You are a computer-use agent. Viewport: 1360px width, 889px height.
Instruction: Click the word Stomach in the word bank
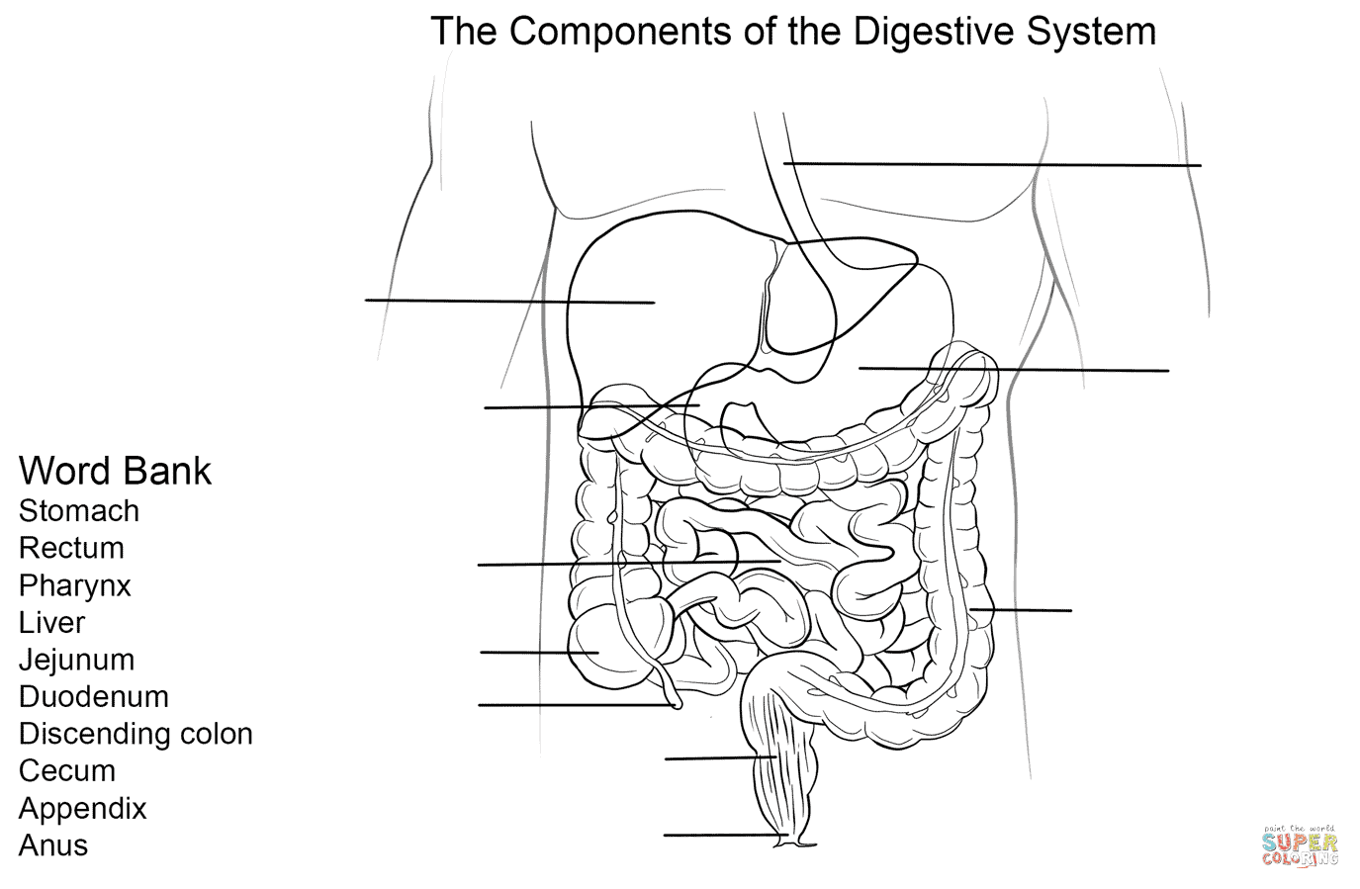click(79, 511)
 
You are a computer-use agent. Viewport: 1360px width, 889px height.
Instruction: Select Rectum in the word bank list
click(71, 548)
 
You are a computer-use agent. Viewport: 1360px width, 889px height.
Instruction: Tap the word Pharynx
click(75, 586)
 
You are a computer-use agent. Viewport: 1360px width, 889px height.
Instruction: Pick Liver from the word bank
click(51, 623)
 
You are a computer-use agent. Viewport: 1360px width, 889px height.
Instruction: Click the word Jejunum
click(76, 661)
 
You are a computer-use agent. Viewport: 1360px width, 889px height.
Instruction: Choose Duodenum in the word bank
click(94, 696)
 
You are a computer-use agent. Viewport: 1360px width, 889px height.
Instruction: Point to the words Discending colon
click(136, 734)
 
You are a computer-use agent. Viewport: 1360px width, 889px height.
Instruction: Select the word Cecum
click(67, 771)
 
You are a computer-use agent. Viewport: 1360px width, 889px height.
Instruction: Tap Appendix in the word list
click(82, 809)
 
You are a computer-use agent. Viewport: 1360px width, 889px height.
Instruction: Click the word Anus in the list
click(53, 845)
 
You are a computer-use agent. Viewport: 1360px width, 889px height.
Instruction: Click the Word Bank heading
click(116, 471)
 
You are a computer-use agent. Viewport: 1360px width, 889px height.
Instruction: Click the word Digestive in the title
click(933, 32)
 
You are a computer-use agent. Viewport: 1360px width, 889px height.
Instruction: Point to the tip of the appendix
click(677, 704)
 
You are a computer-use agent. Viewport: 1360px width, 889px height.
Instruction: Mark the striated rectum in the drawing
click(780, 764)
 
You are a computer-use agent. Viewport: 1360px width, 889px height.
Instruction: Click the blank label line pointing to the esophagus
click(992, 164)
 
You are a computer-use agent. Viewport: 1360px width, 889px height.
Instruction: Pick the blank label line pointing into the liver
click(510, 301)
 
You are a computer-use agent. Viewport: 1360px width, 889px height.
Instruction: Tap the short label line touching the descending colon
click(1021, 610)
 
